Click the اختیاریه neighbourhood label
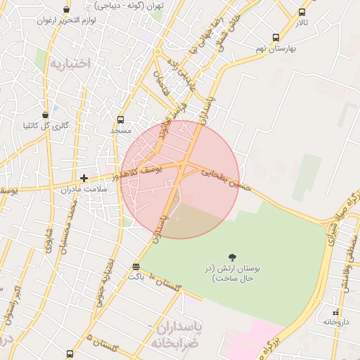tap(70, 63)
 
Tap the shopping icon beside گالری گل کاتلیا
tap(46, 115)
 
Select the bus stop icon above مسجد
tap(120, 120)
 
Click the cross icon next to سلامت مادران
tap(84, 179)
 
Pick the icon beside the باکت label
tap(136, 266)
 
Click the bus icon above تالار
tap(302, 12)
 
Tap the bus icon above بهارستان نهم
tap(275, 37)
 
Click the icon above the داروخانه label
tap(335, 311)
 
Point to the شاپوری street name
tap(49, 239)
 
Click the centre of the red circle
tap(180, 179)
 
